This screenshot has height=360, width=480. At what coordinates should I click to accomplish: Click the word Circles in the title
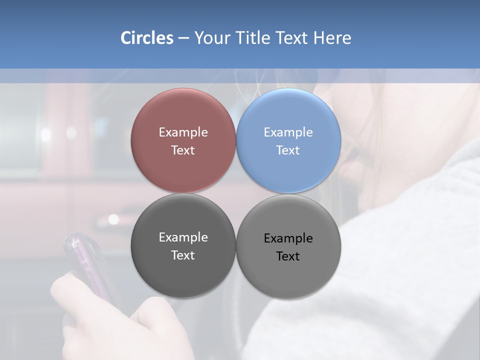(x=146, y=38)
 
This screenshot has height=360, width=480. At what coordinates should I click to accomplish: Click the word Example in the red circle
(x=183, y=132)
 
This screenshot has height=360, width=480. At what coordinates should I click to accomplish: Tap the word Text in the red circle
(x=183, y=150)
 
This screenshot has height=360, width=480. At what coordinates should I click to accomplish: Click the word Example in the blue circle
(x=288, y=132)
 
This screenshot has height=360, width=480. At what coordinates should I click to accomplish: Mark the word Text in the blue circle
(x=288, y=150)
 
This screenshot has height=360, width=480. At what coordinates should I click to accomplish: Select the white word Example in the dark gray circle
(x=183, y=237)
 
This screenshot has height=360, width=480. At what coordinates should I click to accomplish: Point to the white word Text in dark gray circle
(x=183, y=255)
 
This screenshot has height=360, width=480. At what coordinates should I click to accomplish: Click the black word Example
(x=288, y=238)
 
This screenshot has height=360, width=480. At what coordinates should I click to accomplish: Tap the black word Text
(x=288, y=256)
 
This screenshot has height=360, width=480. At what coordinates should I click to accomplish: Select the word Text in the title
(x=292, y=38)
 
